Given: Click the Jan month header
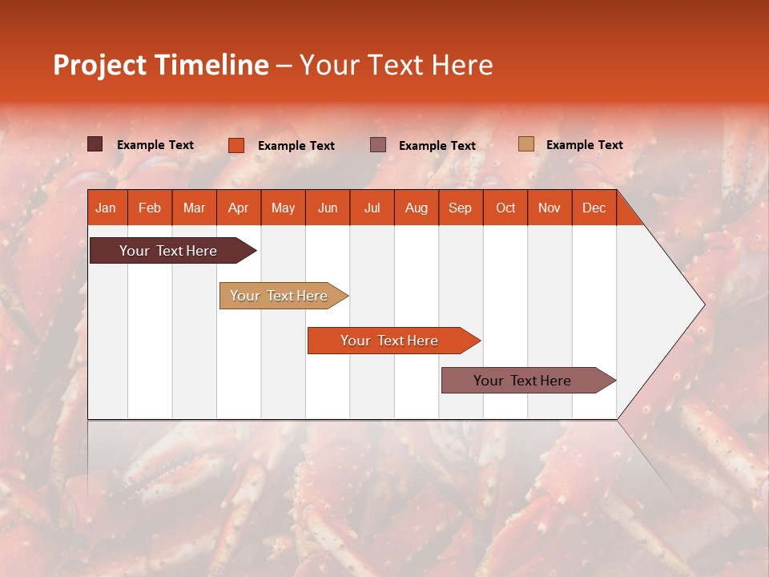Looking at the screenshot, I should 106,208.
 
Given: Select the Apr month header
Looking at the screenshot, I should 238,208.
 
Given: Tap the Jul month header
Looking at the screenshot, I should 372,208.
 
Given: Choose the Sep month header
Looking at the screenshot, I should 460,208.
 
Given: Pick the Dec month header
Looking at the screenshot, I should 594,208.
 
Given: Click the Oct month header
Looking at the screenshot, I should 505,208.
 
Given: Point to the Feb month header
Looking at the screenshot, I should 150,208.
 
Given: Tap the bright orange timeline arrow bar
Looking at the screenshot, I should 390,341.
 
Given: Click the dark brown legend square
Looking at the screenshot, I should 95,144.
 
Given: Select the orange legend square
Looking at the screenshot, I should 236,145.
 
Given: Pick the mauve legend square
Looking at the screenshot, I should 378,144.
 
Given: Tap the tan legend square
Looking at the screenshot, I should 525,144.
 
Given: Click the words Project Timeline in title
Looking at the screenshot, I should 160,65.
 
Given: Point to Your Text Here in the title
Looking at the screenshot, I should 396,65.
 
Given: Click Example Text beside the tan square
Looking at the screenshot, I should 584,145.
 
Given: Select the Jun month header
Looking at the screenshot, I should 328,208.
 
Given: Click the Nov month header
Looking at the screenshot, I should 549,208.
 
